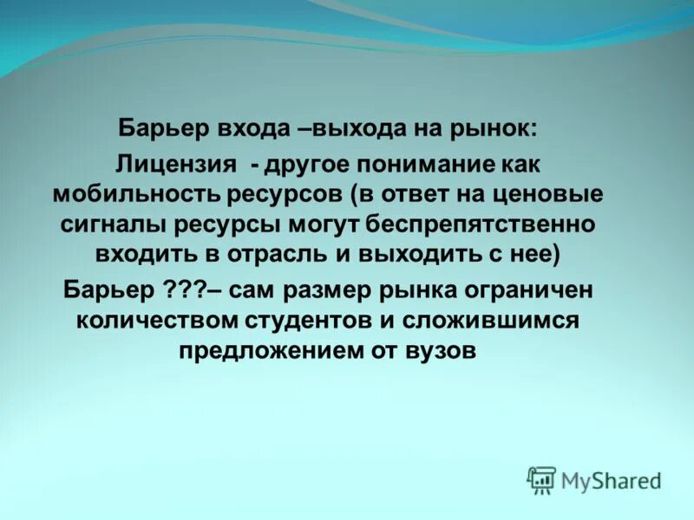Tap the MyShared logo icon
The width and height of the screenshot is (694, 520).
click(541, 479)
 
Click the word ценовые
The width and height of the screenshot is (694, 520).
click(560, 193)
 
